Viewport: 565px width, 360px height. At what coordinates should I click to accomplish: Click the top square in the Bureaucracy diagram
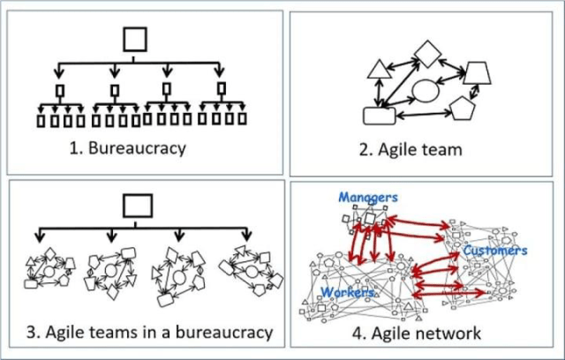click(x=133, y=39)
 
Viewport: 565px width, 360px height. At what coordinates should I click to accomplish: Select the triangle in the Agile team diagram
click(x=379, y=69)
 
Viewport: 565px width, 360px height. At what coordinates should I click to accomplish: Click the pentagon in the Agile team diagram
click(x=462, y=109)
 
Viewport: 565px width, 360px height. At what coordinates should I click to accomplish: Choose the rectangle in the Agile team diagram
click(x=378, y=116)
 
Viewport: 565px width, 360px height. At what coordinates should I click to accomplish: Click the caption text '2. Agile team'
click(x=411, y=149)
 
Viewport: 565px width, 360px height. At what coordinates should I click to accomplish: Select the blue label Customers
click(x=495, y=251)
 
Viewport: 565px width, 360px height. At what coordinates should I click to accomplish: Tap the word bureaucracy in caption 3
click(x=222, y=333)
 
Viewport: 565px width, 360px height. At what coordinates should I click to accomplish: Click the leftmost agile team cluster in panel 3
click(x=49, y=268)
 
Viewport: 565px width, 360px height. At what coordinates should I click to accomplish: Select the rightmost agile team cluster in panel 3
click(x=252, y=268)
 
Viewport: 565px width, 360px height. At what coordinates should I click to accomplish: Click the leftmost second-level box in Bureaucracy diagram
click(x=59, y=90)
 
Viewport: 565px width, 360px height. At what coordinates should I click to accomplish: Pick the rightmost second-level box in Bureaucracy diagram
click(x=221, y=88)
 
